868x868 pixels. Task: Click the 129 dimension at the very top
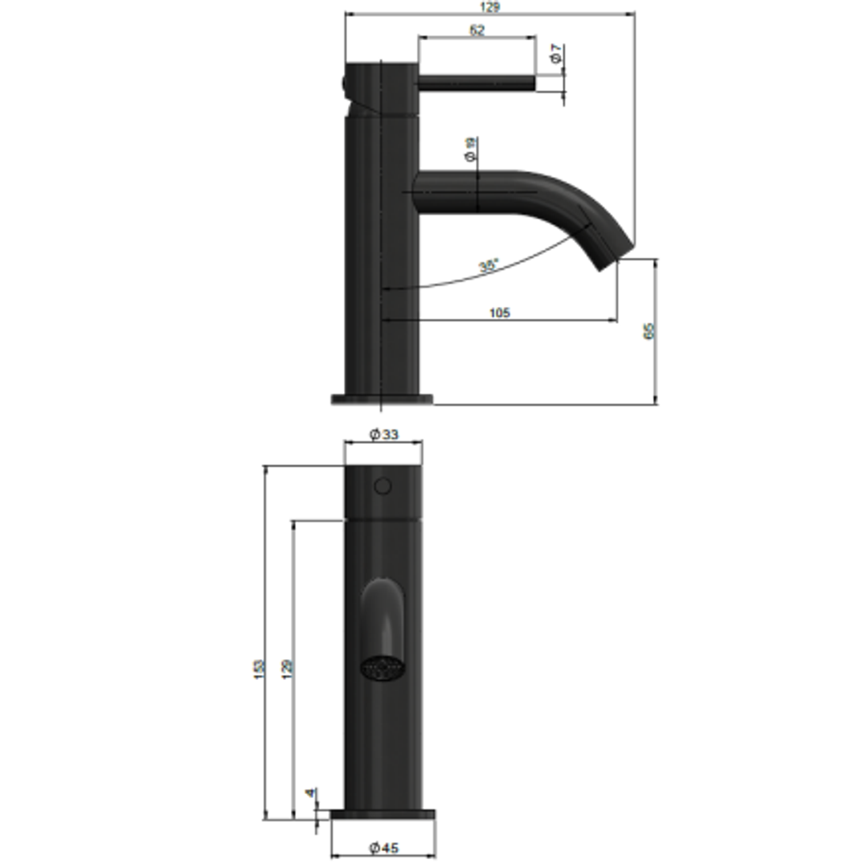489,7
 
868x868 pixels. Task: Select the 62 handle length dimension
477,31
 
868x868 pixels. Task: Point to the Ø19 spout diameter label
471,149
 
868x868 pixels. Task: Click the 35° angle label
489,266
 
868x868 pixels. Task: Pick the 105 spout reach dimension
500,313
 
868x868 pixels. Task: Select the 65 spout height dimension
649,330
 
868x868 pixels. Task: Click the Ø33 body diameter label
383,435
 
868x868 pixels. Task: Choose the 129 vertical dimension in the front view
287,667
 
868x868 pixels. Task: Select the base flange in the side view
382,399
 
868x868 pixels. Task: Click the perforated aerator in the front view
383,669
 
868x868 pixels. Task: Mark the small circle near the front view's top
383,485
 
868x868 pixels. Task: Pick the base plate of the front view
383,815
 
